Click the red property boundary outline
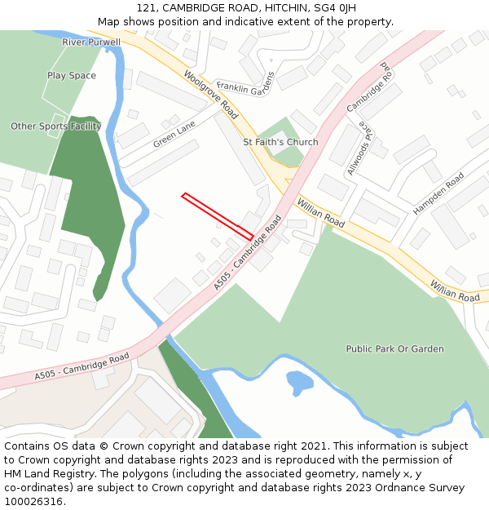[217, 216]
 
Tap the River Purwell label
[91, 42]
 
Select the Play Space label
[72, 76]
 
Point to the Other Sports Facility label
[56, 126]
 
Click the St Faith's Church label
[280, 142]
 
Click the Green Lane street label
[174, 135]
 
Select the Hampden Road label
[438, 193]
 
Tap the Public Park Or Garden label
[394, 349]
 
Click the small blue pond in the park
[300, 381]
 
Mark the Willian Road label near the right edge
[456, 292]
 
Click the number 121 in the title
[147, 8]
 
